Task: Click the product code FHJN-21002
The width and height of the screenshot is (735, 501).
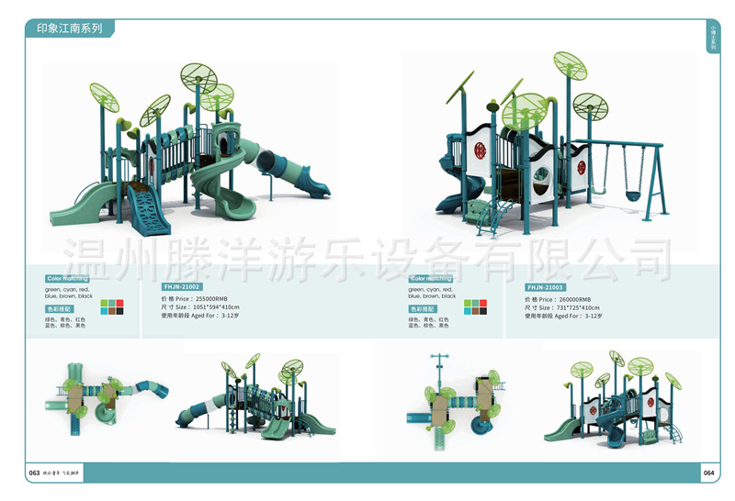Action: click(181, 287)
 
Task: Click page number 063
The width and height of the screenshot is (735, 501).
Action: click(34, 473)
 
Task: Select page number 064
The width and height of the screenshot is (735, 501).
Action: click(708, 473)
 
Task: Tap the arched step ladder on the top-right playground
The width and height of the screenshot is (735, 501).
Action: click(487, 217)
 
